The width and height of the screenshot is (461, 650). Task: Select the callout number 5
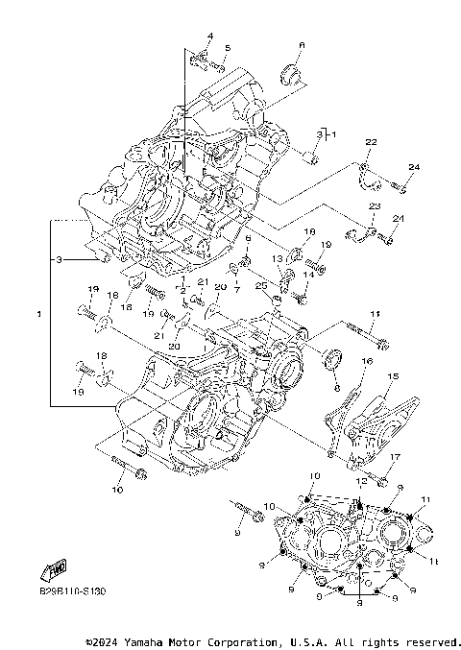[x=228, y=47]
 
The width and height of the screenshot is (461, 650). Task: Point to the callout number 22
[x=370, y=142]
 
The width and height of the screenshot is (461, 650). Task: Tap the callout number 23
[x=374, y=207]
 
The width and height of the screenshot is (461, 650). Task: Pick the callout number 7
[x=237, y=289]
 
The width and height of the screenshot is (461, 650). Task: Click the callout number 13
[x=276, y=259]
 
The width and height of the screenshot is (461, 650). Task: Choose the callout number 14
[x=307, y=275]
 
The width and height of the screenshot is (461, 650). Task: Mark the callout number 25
[x=261, y=285]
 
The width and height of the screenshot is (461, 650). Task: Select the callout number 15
[x=392, y=376]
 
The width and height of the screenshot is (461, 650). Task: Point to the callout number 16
[x=366, y=361]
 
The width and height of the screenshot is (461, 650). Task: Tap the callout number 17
[x=394, y=457]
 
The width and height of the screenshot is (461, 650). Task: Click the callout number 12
[x=361, y=480]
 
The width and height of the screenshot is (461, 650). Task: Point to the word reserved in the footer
[x=431, y=640]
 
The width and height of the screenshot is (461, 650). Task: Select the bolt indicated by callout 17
[x=378, y=478]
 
